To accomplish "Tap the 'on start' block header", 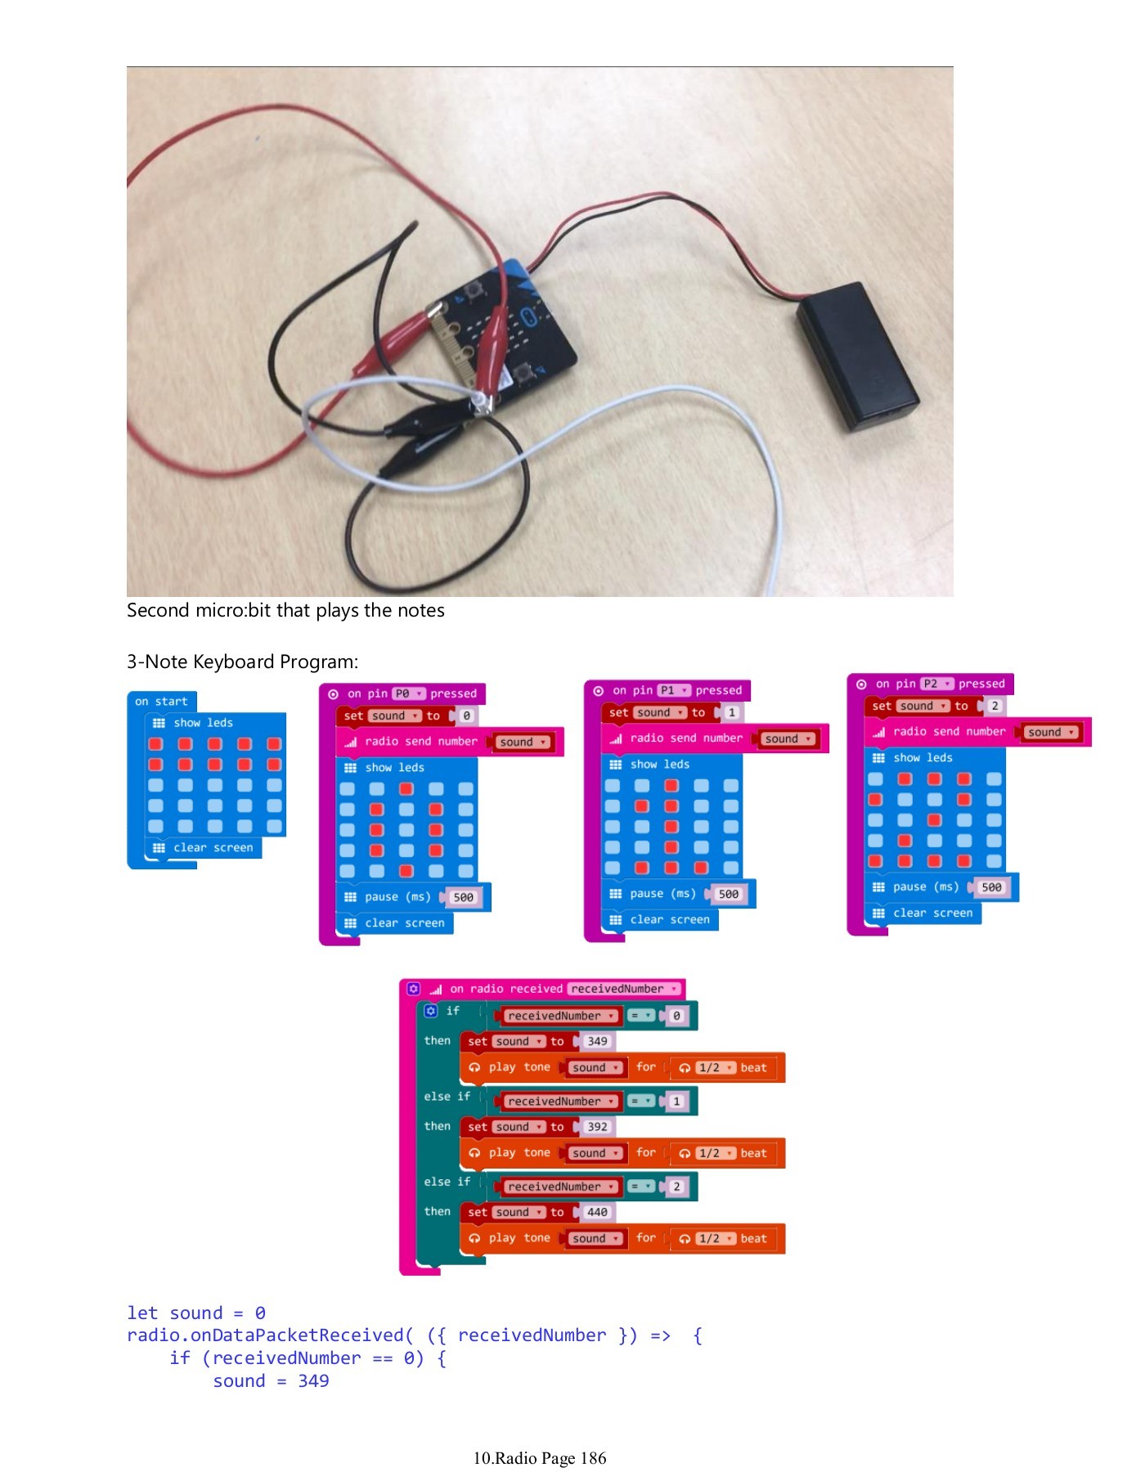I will point(161,702).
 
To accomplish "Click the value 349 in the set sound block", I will point(597,1041).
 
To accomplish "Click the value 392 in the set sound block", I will point(597,1127).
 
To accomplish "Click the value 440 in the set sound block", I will point(597,1212).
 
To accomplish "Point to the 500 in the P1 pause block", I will point(728,894).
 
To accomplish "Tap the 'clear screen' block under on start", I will point(213,848).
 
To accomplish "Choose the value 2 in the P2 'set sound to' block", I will point(995,706).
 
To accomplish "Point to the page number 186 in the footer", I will point(593,1457).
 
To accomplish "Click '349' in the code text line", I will point(313,1380).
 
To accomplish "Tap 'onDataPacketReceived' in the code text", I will point(299,1335).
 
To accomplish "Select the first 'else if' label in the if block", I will point(447,1097).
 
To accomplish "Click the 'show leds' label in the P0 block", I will point(394,767).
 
